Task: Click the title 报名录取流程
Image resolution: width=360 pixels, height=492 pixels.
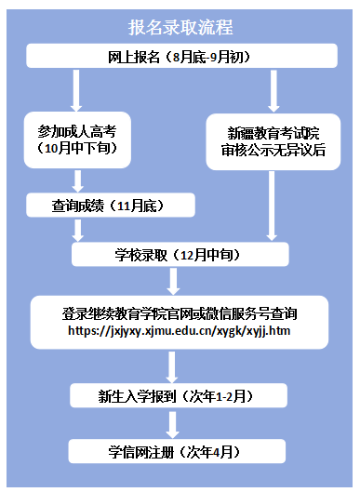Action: pos(180,26)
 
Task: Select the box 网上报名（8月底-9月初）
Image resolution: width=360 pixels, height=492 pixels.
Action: pos(180,57)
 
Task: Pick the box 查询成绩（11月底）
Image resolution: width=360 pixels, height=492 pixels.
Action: pos(110,205)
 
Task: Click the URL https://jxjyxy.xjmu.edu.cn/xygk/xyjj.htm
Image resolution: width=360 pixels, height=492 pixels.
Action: pos(180,330)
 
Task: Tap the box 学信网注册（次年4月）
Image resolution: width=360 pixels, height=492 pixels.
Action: pos(174,452)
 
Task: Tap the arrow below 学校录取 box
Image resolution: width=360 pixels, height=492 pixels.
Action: pos(174,281)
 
